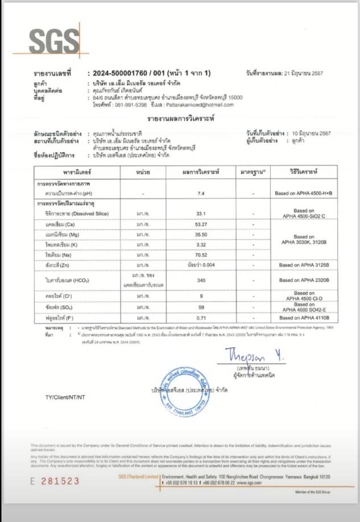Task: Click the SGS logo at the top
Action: (54, 41)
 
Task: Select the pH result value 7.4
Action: (200, 194)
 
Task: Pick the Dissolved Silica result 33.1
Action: (200, 213)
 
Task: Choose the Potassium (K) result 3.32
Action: (200, 245)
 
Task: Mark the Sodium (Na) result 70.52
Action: (200, 255)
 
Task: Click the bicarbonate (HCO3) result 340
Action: (200, 280)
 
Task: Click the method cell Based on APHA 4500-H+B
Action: (303, 194)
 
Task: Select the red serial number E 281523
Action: (55, 480)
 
